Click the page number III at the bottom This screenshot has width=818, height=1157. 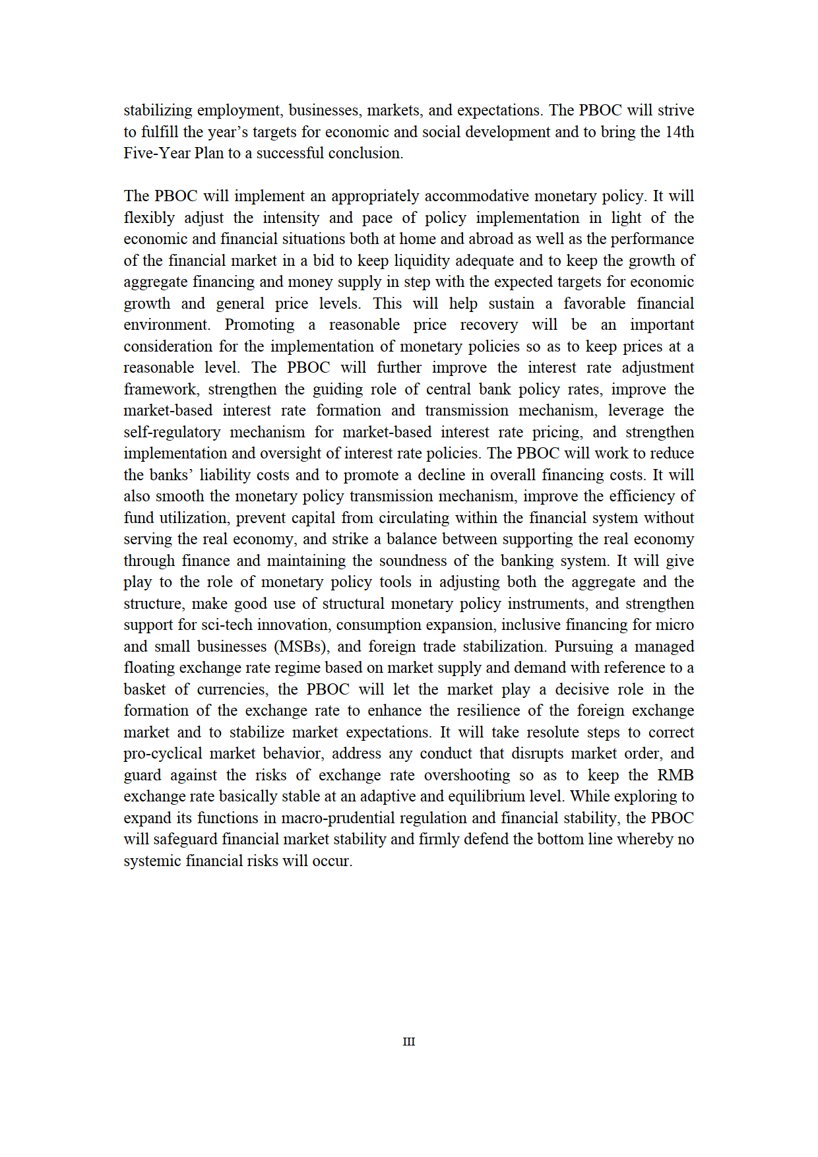click(x=409, y=1042)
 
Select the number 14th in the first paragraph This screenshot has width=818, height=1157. click(x=679, y=132)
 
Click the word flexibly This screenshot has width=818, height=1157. click(x=149, y=218)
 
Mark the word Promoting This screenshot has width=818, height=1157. click(x=259, y=325)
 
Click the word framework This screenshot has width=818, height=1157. click(x=160, y=389)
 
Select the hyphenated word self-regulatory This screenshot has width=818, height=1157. click(x=172, y=432)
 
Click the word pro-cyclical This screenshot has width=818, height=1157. click(x=162, y=753)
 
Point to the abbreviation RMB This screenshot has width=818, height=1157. click(x=675, y=775)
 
